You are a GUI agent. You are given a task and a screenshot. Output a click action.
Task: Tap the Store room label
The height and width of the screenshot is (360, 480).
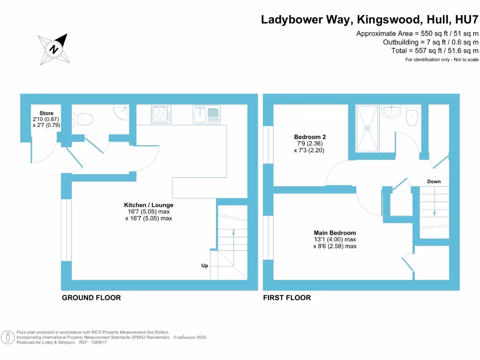coord(46,113)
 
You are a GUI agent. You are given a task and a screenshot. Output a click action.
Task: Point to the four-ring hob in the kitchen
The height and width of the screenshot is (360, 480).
coord(161,114)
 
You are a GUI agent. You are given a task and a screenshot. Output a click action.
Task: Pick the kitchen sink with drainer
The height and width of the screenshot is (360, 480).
coord(206,114)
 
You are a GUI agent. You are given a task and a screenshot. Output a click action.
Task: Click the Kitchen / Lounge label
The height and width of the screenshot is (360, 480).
coord(149,205)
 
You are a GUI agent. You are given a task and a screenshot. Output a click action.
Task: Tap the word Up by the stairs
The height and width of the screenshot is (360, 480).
coord(204,266)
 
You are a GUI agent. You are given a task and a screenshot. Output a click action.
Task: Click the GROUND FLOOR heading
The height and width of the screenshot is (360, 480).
coord(91,298)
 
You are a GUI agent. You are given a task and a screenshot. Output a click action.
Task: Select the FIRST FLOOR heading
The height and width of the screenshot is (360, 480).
coord(287,298)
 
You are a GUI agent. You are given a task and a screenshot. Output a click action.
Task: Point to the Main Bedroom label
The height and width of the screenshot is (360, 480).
coord(335,232)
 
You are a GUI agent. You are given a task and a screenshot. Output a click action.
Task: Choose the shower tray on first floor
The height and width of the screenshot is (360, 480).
coord(368,128)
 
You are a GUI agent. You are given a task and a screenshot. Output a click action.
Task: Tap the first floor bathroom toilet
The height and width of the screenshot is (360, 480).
coord(412,116)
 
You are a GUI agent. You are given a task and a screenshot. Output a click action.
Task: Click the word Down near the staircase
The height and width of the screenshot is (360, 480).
coord(434,181)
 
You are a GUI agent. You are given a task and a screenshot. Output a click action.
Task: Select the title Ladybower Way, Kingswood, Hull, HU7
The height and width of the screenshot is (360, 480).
coord(370,20)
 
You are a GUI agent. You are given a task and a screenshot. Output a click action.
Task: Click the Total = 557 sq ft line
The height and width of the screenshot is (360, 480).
coord(435,51)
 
